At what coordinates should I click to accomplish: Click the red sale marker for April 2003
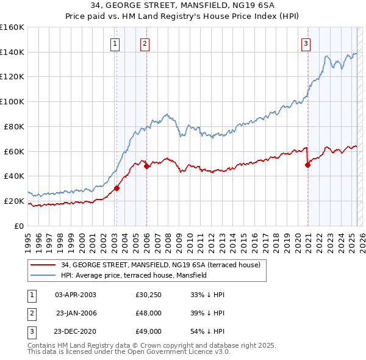117,188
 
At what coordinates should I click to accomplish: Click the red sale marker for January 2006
147,166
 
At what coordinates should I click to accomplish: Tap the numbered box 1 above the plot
115,43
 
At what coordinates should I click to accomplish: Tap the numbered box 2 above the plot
145,43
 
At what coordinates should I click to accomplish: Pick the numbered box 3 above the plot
306,43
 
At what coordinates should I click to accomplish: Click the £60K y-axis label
14,151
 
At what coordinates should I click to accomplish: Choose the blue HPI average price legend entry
134,275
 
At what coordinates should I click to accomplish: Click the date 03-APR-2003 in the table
76,295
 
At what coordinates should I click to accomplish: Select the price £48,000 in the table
148,313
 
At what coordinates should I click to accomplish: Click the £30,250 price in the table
148,295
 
